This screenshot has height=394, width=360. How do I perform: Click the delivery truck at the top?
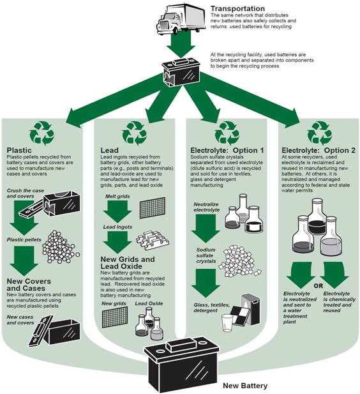[x=181, y=19]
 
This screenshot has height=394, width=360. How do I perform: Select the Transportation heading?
[x=237, y=9]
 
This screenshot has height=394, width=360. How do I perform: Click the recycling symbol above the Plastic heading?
[x=42, y=133]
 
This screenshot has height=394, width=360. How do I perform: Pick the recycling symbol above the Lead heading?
[x=135, y=133]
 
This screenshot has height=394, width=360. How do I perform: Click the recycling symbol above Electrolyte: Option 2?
[x=320, y=133]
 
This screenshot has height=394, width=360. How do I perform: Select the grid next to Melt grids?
[x=153, y=208]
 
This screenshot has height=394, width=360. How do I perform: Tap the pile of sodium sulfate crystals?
[x=239, y=261]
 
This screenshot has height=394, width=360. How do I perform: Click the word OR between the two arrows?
[x=318, y=286]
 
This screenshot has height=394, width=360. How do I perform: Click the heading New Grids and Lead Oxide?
[x=128, y=263]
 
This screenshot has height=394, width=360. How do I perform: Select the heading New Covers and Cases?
[x=29, y=285]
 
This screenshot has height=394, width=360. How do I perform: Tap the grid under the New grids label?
[x=115, y=317]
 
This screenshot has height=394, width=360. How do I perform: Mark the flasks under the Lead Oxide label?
[x=149, y=323]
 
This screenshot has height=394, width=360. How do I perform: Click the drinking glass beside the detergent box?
[x=227, y=323]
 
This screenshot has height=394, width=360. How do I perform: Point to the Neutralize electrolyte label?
[x=207, y=207]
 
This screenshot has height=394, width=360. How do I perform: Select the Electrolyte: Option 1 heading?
[x=227, y=151]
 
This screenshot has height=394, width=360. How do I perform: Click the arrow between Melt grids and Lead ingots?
[x=117, y=212]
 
